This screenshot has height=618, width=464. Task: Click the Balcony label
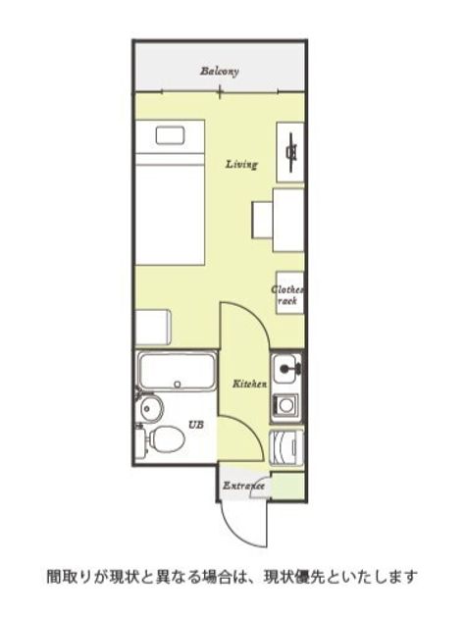220,72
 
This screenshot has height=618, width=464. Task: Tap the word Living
241,164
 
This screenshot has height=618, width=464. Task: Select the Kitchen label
249,384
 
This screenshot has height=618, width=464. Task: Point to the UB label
196,426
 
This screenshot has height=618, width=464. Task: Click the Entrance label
243,486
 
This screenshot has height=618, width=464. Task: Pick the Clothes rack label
288,295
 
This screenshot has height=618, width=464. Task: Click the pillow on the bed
170,135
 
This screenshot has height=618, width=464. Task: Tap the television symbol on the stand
291,152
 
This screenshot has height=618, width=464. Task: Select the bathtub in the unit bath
177,371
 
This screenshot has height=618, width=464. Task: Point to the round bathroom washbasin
151,408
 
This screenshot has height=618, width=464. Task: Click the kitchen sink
286,369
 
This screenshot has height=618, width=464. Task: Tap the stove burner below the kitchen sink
285,404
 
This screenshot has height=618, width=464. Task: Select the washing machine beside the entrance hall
286,447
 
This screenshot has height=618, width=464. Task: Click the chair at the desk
262,220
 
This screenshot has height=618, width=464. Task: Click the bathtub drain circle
178,384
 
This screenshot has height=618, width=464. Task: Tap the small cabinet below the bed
153,328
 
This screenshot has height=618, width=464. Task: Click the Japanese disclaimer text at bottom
232,577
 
